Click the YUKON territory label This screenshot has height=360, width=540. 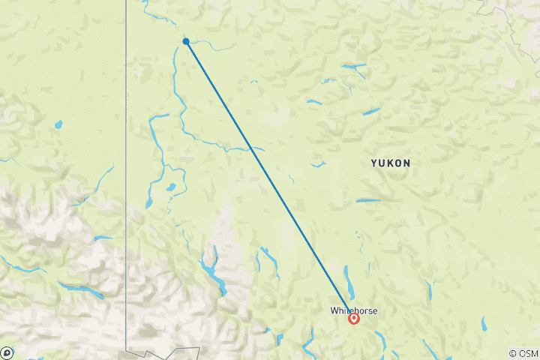[390, 163]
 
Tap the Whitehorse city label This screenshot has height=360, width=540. [354, 310]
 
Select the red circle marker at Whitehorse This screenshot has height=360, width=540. [354, 319]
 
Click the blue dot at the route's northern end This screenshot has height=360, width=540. [185, 42]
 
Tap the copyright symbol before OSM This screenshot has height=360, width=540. [512, 353]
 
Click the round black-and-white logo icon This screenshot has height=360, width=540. [7, 352]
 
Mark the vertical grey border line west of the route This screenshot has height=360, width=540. [126, 150]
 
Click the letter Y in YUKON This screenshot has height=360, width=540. [373, 163]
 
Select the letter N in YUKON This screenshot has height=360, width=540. [406, 163]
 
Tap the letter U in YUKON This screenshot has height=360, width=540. [381, 163]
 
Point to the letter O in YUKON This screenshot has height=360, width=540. [398, 163]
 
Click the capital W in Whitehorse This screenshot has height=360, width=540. [334, 310]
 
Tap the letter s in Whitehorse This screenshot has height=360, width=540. [370, 310]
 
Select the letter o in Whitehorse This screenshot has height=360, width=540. [361, 310]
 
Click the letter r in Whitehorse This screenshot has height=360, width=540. [366, 310]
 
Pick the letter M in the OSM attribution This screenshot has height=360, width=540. [533, 353]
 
